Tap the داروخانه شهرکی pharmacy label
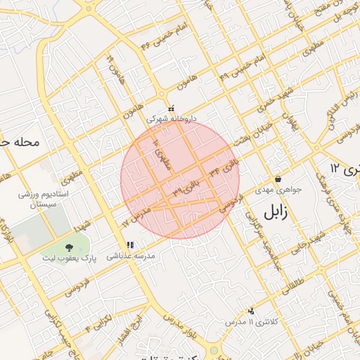pyautogui.click(x=172, y=120)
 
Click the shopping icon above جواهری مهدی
pyautogui.click(x=278, y=179)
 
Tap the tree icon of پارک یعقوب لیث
pyautogui.click(x=70, y=247)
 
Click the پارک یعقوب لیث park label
pyautogui.click(x=69, y=259)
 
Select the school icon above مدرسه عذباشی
pyautogui.click(x=130, y=245)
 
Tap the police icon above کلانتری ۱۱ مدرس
pyautogui.click(x=251, y=310)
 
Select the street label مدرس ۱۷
pyautogui.click(x=137, y=214)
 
